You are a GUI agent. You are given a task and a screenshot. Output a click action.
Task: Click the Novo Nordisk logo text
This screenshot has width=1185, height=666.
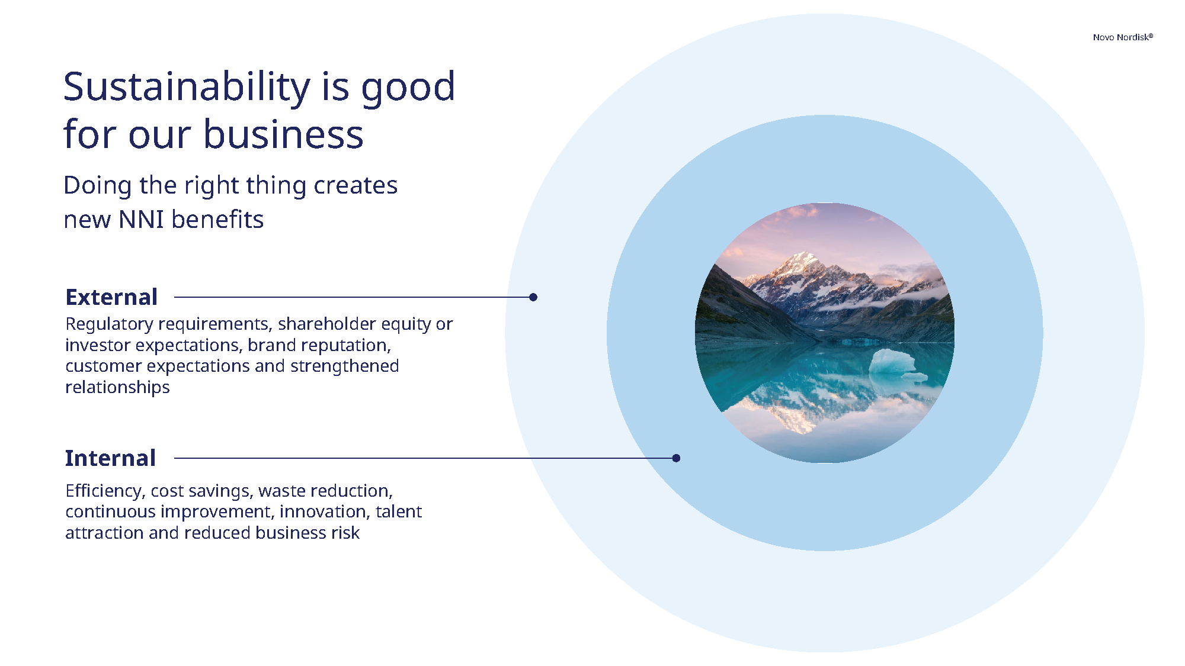tap(1122, 37)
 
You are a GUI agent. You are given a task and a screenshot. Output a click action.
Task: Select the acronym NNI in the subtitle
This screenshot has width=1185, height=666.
tap(141, 220)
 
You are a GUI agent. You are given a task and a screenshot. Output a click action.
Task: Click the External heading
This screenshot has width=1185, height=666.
tap(111, 297)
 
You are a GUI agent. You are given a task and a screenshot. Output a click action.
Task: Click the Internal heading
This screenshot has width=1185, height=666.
tap(110, 458)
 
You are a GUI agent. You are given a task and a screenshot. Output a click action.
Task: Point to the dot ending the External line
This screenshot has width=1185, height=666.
tap(533, 297)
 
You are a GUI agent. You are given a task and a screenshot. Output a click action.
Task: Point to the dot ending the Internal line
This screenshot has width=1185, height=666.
tap(676, 458)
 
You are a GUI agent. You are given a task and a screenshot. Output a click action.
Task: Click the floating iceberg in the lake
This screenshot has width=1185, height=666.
tap(892, 361)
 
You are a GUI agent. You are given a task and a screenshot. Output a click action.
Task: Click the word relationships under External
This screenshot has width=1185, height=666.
tap(117, 388)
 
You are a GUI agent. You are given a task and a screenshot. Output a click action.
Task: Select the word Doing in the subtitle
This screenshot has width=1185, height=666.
tap(97, 186)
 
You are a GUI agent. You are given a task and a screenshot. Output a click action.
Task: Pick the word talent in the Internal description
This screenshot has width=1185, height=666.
tap(398, 511)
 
